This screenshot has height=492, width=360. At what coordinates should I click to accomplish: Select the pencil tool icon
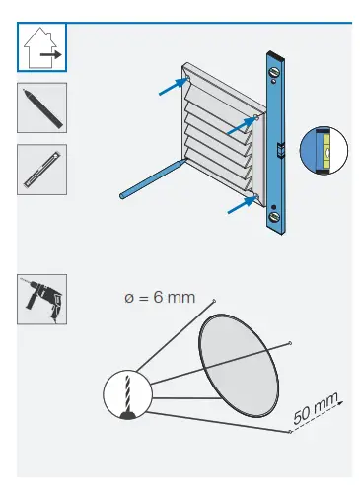click(x=42, y=107)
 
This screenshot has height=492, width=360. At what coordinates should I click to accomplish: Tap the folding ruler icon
click(x=42, y=169)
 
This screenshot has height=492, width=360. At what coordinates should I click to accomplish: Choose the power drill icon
click(x=42, y=299)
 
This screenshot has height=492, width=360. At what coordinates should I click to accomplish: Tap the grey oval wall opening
click(x=238, y=361)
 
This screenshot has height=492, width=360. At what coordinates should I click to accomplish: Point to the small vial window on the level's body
click(x=279, y=150)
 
